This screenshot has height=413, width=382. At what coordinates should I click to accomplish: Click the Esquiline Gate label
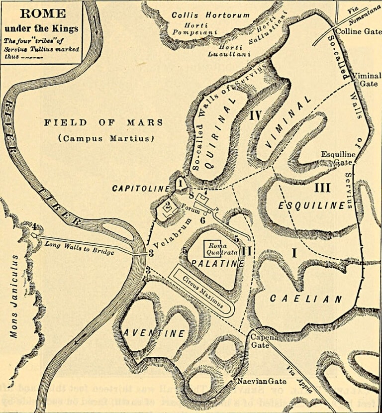[x=338, y=158]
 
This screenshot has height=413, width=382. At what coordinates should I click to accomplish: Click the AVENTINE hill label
[x=154, y=333]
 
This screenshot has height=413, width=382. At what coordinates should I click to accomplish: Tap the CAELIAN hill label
[x=306, y=299]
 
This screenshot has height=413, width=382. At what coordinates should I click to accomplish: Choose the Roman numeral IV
[x=255, y=116]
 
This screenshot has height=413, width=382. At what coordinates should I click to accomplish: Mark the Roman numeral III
[x=322, y=188]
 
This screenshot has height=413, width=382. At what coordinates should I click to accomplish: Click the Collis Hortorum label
[x=210, y=15]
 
